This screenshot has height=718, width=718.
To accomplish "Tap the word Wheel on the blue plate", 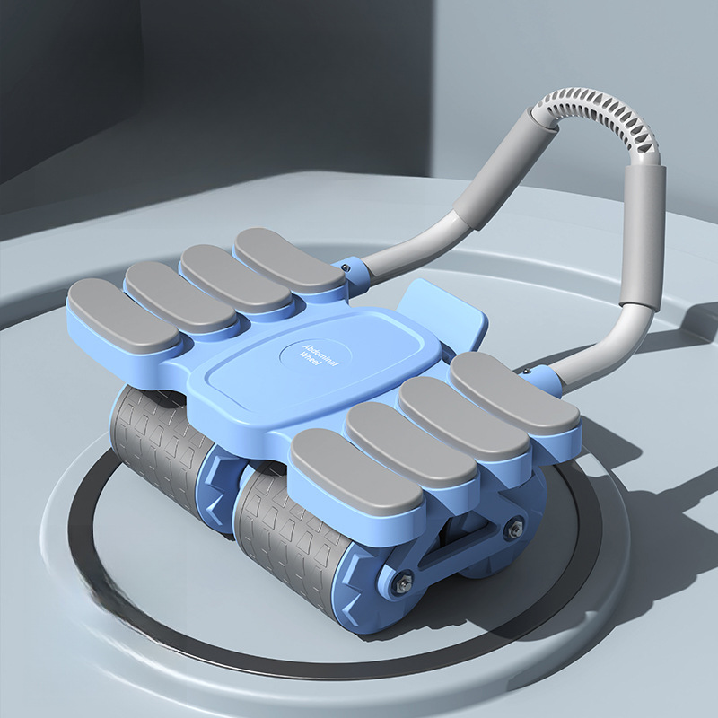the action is [311, 360].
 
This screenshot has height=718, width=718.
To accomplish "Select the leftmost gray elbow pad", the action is [123, 315].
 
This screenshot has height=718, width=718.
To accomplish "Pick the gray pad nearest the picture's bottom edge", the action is [355, 472].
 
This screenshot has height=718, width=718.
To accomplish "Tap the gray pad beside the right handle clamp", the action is [514, 393].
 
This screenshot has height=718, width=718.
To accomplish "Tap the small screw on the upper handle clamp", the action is [347, 267].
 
